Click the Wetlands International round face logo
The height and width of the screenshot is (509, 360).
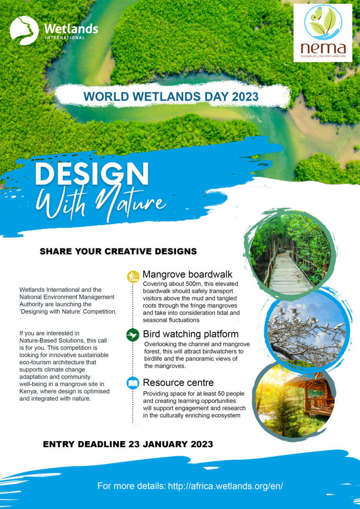(24, 30)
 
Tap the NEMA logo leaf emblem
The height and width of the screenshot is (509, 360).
(323, 22)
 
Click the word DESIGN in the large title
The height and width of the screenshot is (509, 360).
(92, 174)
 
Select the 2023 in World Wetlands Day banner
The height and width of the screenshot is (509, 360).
(245, 97)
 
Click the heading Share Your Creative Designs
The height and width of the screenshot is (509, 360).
(118, 252)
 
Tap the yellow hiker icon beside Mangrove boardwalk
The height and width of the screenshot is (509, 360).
(133, 277)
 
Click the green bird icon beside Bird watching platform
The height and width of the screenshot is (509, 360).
(133, 335)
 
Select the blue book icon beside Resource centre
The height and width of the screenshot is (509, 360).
(133, 383)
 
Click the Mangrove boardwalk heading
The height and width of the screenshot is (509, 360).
(187, 274)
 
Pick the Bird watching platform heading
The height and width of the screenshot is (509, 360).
(190, 334)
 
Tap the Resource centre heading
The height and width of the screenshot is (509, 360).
(178, 383)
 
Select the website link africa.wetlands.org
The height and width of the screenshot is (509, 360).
(225, 486)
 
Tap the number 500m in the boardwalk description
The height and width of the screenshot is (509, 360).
(194, 284)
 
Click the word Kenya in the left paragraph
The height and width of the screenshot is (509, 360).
(28, 391)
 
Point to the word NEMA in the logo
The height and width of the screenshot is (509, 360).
(322, 48)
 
